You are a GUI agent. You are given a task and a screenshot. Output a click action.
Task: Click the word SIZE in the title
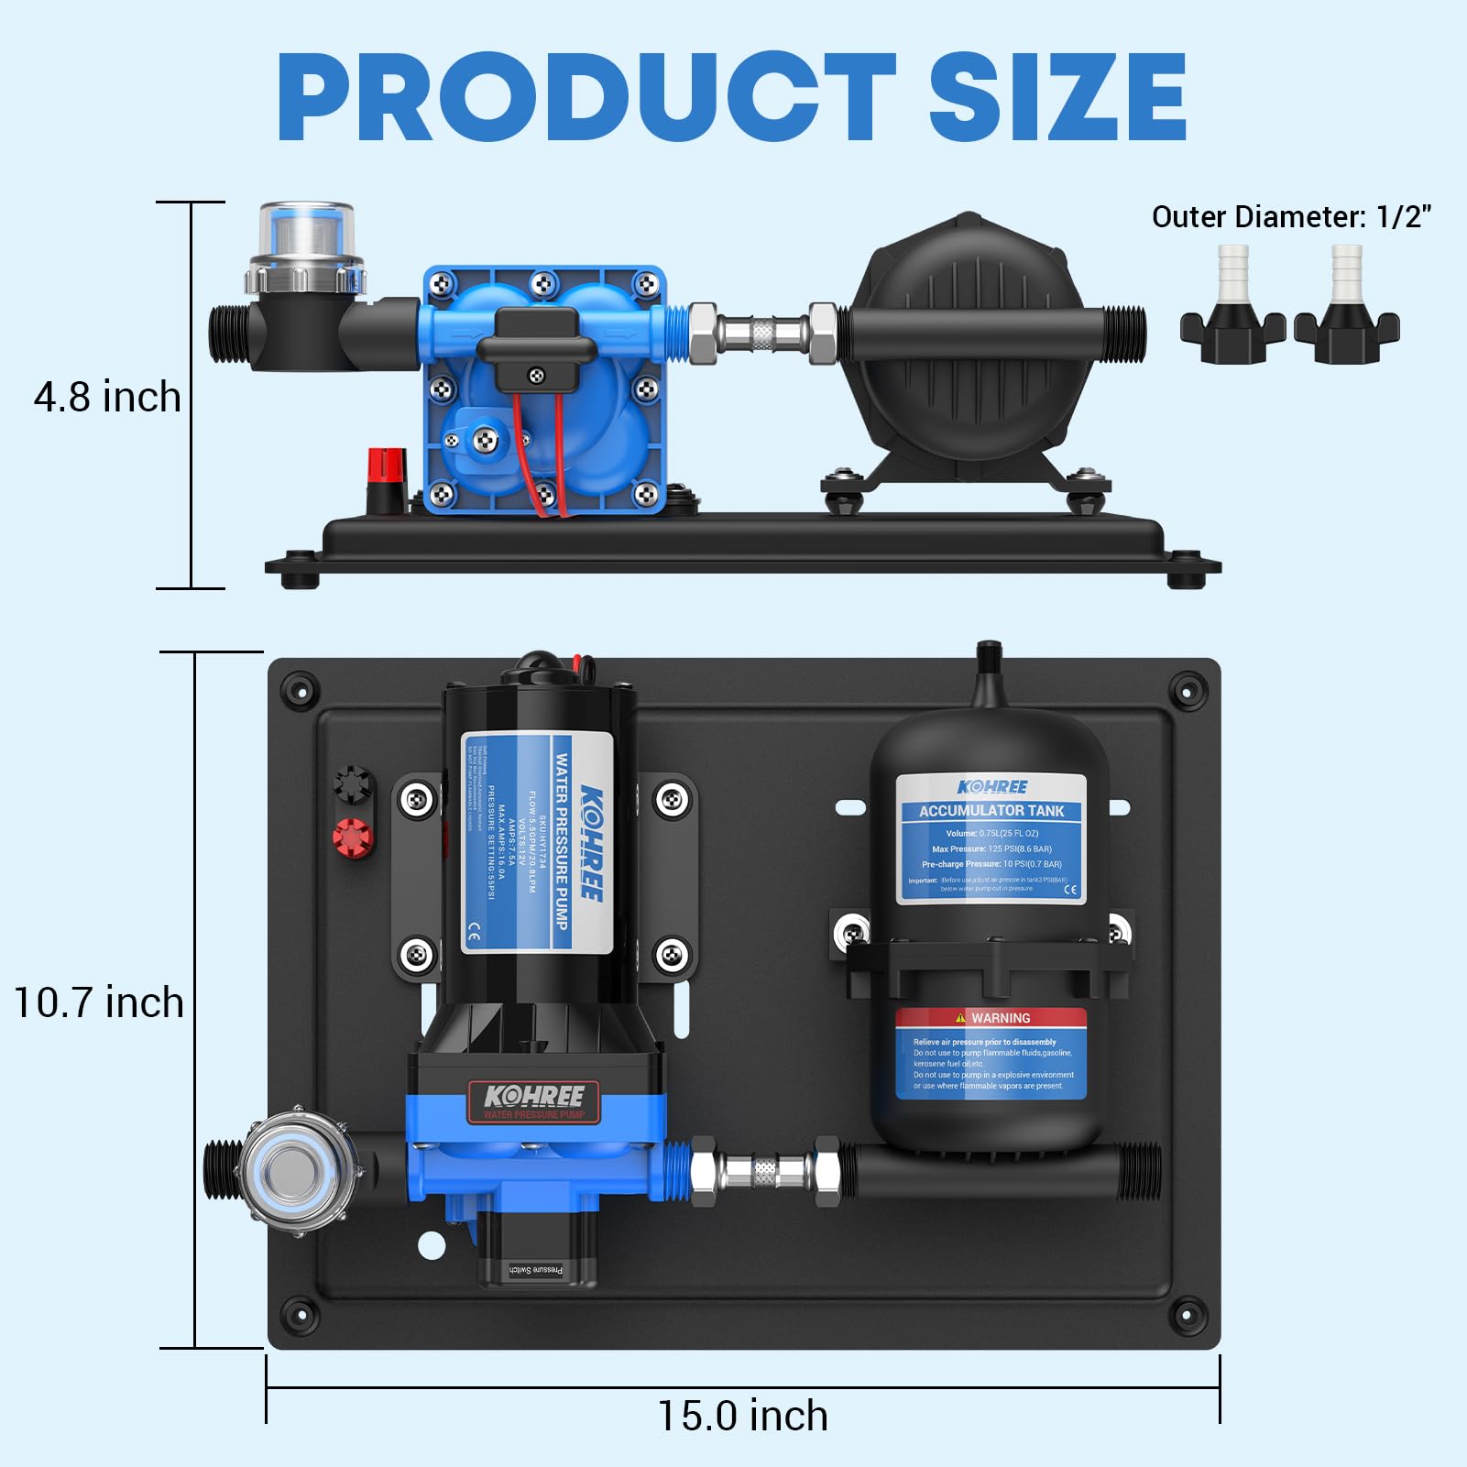[x=1057, y=97]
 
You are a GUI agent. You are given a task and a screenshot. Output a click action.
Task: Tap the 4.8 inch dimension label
[x=107, y=398]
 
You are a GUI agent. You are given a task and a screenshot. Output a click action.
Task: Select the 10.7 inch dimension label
[x=99, y=1002]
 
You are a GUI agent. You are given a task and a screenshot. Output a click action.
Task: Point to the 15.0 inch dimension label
[x=742, y=1416]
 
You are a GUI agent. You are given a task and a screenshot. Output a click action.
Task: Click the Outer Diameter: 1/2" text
[x=1290, y=217]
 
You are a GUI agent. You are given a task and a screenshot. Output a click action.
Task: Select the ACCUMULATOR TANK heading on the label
[x=991, y=811]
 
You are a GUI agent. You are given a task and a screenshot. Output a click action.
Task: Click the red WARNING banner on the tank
[x=991, y=1018]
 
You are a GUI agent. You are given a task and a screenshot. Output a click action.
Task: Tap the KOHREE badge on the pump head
[x=534, y=1098]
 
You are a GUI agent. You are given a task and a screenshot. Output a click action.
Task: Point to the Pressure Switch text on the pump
[x=536, y=1269]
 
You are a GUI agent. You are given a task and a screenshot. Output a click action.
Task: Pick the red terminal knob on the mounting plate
[x=353, y=837]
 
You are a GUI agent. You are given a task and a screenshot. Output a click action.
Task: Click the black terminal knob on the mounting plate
[x=353, y=784]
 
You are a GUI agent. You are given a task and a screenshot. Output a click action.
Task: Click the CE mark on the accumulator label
[x=1070, y=890]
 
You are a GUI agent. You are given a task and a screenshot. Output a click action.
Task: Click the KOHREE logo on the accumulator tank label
[x=991, y=787]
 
